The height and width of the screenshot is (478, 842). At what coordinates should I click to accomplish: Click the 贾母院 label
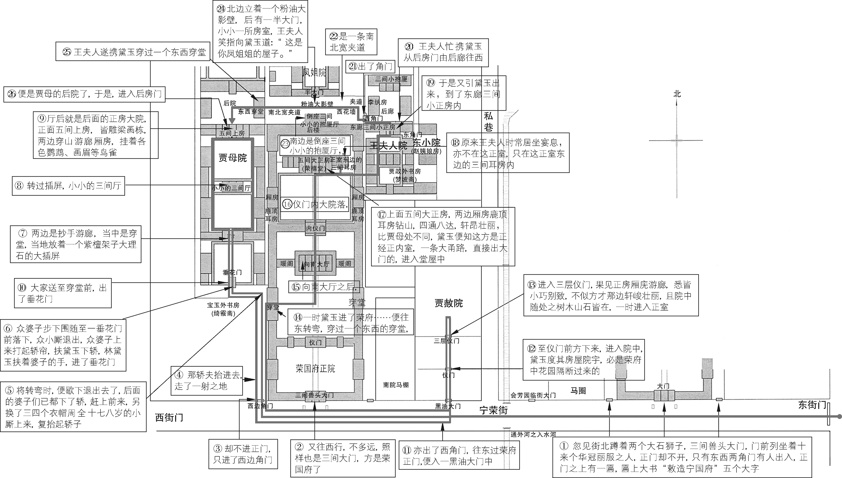(x=233, y=158)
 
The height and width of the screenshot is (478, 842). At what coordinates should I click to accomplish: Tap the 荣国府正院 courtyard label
(x=315, y=369)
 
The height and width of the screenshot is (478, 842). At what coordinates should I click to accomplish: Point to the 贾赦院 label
(x=449, y=303)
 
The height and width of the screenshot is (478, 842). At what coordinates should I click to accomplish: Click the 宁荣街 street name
(x=493, y=410)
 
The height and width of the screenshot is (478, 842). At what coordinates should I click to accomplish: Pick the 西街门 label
(x=169, y=418)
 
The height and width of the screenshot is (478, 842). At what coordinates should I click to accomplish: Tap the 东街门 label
(x=812, y=405)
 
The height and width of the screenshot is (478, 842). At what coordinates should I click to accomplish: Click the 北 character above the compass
(x=677, y=94)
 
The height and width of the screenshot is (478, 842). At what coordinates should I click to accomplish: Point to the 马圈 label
(x=578, y=391)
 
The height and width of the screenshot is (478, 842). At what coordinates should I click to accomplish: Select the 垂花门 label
(x=232, y=272)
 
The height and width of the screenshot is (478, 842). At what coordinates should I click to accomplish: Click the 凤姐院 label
(x=314, y=72)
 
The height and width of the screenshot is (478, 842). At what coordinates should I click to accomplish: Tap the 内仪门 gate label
(x=315, y=228)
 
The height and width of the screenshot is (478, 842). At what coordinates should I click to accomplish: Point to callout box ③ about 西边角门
(x=243, y=454)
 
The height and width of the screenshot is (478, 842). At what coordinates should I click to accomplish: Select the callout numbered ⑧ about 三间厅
(x=68, y=186)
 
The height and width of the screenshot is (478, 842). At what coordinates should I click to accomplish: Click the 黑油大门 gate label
(x=448, y=406)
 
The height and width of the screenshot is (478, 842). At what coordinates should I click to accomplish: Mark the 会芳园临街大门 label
(x=533, y=395)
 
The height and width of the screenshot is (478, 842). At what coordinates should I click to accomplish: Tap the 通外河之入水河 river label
(x=533, y=435)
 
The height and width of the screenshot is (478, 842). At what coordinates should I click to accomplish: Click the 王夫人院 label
(x=388, y=145)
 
